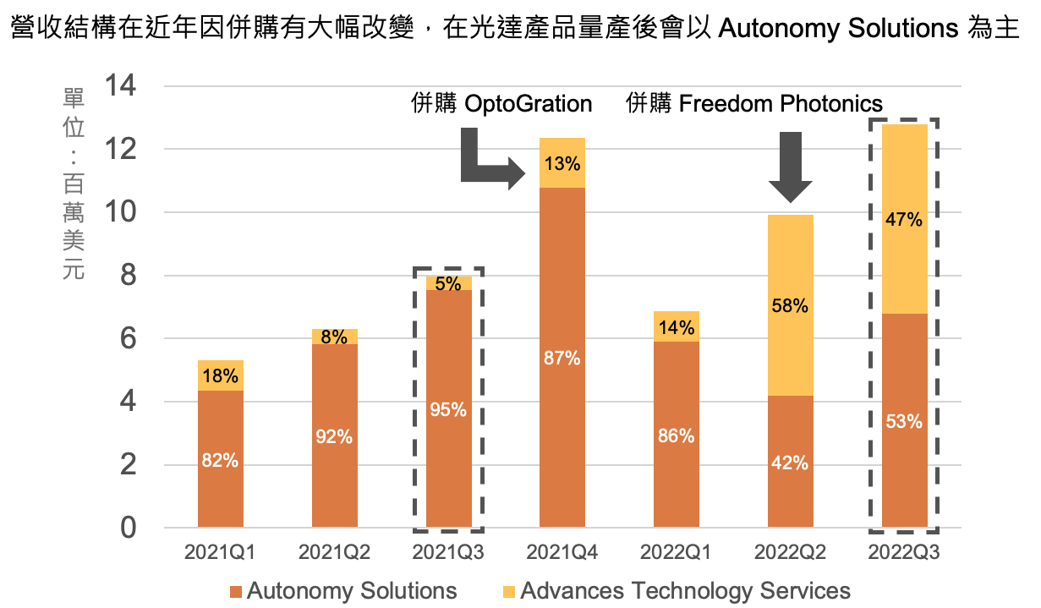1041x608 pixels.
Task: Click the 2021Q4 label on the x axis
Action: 562,553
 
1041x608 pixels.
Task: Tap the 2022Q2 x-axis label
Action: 790,553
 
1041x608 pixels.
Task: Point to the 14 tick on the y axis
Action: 121,86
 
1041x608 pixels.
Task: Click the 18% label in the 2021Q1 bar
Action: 220,376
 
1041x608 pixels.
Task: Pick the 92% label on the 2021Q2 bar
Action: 334,437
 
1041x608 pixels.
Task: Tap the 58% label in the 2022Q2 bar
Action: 790,306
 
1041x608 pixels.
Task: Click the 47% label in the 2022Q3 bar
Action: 904,220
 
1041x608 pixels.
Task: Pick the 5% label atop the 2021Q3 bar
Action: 448,283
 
